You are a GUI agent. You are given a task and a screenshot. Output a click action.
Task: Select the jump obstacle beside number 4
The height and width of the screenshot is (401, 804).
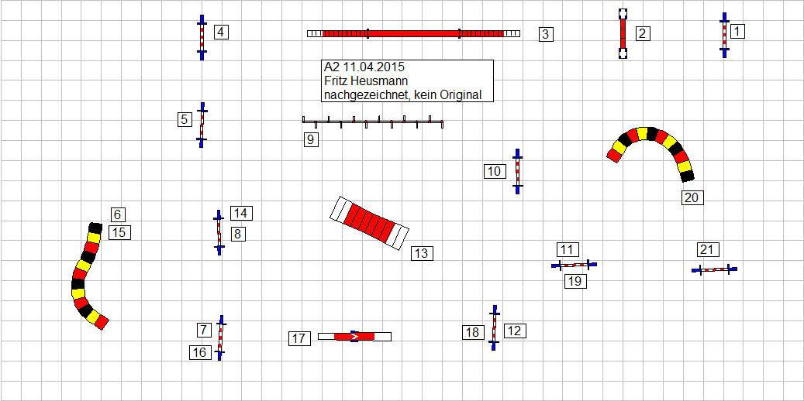[x=202, y=36]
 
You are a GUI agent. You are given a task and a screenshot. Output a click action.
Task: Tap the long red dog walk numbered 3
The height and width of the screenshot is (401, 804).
[x=413, y=33]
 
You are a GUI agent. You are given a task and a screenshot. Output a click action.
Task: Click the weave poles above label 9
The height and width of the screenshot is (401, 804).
[x=372, y=122]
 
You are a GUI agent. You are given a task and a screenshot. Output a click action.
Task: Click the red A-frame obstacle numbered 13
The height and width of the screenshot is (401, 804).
[x=369, y=223]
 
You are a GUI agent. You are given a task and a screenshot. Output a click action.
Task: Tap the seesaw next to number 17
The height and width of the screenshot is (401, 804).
[x=354, y=336]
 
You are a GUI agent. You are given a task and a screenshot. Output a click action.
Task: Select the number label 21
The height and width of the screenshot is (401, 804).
[x=708, y=249]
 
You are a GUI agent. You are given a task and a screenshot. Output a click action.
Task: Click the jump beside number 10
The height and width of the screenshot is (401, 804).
[x=517, y=170]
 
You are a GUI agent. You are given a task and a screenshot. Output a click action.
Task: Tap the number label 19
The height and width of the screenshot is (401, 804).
[x=575, y=281]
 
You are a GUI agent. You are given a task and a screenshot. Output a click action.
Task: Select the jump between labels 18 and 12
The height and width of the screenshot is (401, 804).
[x=493, y=327]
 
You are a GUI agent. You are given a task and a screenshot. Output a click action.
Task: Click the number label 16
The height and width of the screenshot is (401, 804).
[x=200, y=352]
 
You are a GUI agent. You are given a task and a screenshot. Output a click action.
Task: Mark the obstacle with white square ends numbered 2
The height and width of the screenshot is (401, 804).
[x=623, y=34]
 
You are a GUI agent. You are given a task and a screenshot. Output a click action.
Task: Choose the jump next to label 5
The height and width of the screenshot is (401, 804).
[x=202, y=124]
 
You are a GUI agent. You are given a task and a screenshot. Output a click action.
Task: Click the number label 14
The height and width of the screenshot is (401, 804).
[x=240, y=213]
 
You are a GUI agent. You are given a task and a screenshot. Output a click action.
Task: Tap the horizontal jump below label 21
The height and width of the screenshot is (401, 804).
[x=714, y=269]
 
